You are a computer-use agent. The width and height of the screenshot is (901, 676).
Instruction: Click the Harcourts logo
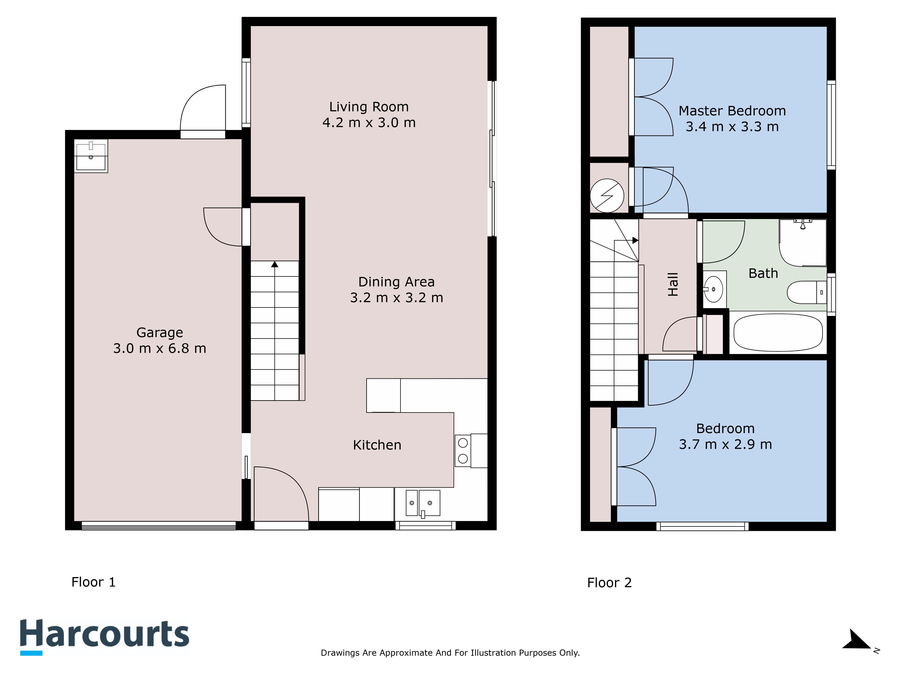coord(105,636)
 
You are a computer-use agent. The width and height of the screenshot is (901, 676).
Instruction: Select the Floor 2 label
coord(609,583)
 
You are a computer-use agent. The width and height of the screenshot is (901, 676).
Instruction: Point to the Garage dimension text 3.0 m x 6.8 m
coord(160,348)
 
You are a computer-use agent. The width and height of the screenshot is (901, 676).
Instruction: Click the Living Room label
coord(369,107)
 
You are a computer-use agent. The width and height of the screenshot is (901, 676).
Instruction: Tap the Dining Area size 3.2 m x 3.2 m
coord(396,298)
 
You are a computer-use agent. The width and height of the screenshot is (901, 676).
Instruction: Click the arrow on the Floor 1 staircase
coord(275,265)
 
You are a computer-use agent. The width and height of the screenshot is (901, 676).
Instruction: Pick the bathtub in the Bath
coord(778,333)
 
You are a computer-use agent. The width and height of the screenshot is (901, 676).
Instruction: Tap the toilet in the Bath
coord(806,292)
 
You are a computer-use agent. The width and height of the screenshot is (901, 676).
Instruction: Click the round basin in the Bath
coord(714,289)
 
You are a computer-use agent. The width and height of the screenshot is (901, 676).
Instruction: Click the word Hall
coord(673,284)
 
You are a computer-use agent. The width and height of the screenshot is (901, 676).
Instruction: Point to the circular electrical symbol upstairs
coord(607,196)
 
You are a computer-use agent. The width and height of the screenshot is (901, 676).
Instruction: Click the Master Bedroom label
coord(732,111)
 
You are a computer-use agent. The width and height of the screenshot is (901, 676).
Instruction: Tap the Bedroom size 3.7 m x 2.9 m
coord(725,444)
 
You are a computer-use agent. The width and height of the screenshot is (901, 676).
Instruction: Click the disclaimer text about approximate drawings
coord(450,653)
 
